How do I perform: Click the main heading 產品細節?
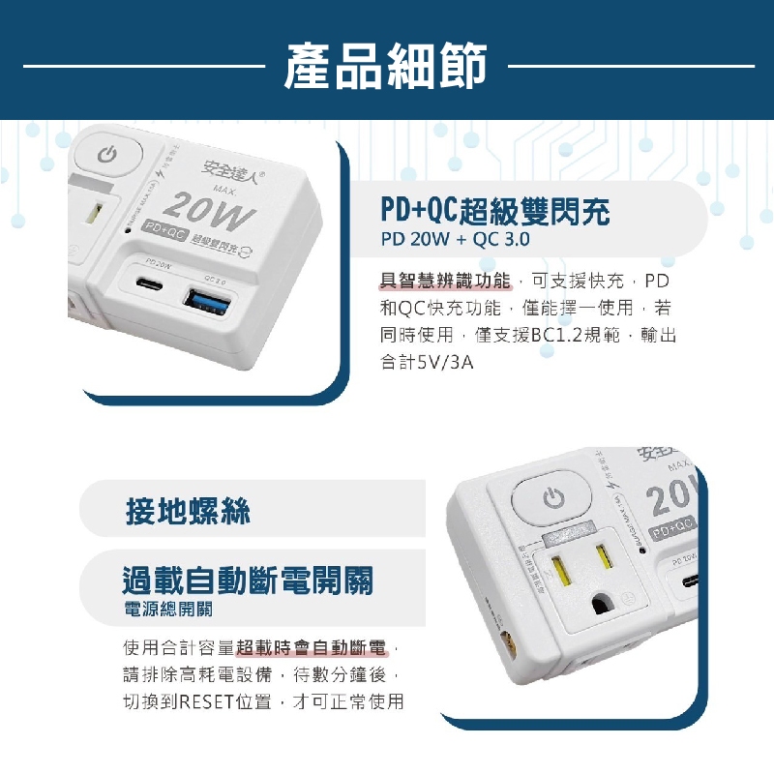coord(386,66)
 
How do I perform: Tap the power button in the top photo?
coord(108,156)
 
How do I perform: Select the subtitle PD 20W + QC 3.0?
coord(455,240)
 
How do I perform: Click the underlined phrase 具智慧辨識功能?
coord(444,282)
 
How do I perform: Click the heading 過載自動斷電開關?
coord(248,580)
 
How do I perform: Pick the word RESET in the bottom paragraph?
coord(205,701)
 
